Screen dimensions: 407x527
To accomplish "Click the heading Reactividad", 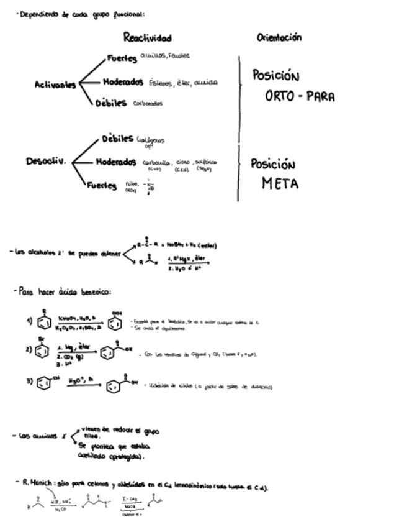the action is pos(147,38).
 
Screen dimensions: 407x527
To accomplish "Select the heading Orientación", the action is pos(279,37).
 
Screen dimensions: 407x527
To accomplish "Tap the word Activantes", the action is pos(55,85).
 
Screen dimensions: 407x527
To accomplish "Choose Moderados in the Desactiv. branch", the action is pos(116,162).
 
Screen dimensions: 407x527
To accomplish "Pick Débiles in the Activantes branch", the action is pos(111,103).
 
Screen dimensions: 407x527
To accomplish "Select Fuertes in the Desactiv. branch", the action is pos(102,185).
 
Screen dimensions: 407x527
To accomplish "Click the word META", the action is pos(279,184).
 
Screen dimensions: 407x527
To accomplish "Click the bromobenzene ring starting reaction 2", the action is pos(42,351).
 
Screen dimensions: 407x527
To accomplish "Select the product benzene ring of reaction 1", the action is pos(115,324).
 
